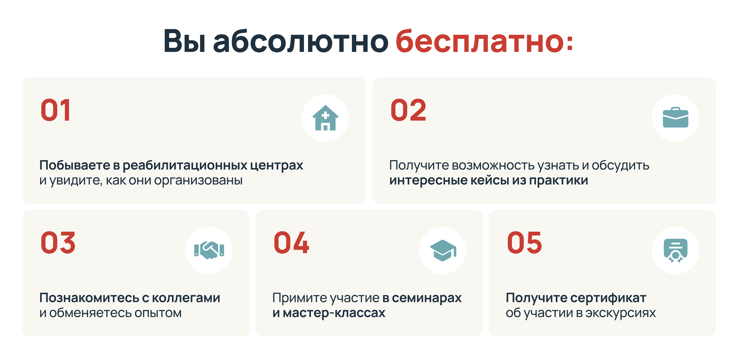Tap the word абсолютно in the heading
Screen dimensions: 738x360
pos(301,41)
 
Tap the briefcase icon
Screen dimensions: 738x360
pos(676,117)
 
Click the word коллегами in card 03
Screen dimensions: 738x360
pos(186,298)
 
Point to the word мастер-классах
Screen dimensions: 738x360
pos(334,313)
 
